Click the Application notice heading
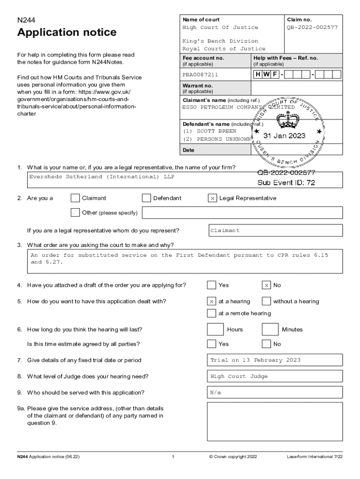pyautogui.click(x=67, y=33)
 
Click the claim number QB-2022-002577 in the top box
pyautogui.click(x=312, y=28)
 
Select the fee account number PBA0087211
pyautogui.click(x=200, y=74)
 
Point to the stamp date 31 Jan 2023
pyautogui.click(x=284, y=136)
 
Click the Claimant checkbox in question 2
pyautogui.click(x=75, y=198)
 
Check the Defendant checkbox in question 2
pyautogui.click(x=146, y=198)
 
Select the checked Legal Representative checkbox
pyautogui.click(x=212, y=198)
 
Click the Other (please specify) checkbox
pyautogui.click(x=75, y=213)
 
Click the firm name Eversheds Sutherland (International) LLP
pyautogui.click(x=102, y=177)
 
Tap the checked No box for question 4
pyautogui.click(x=266, y=285)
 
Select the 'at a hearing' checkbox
pyautogui.click(x=212, y=302)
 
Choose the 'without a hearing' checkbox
pyautogui.click(x=266, y=302)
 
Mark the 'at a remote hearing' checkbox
pyautogui.click(x=212, y=313)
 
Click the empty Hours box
pyautogui.click(x=216, y=329)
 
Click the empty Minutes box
pyautogui.click(x=270, y=329)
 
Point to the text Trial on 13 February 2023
pyautogui.click(x=255, y=360)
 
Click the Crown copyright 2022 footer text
pyautogui.click(x=233, y=457)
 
